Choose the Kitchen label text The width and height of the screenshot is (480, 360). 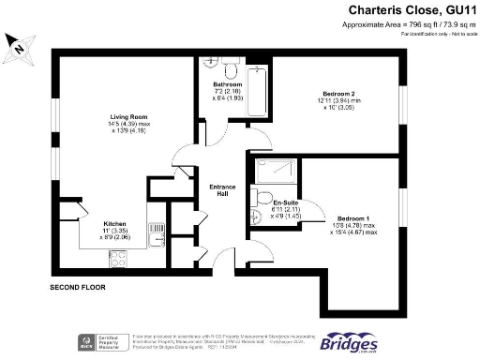click(x=115, y=223)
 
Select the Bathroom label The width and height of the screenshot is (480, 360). click(x=228, y=84)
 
